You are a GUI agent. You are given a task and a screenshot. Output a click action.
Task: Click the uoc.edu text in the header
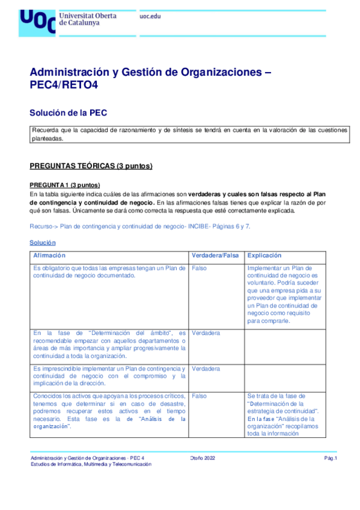coord(150,17)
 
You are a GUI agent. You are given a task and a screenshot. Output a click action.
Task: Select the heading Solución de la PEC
coord(69,112)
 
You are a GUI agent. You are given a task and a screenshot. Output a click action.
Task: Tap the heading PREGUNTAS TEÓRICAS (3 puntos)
coord(91,165)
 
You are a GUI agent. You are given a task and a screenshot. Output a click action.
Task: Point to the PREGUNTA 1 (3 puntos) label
coord(64,185)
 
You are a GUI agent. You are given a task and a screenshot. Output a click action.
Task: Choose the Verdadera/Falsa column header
coord(215,256)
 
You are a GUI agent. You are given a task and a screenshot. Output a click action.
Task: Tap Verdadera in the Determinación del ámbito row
coord(206,333)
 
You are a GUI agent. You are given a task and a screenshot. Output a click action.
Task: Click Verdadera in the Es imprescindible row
coord(206,368)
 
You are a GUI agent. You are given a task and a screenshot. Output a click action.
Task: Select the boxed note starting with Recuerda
coord(189,134)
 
